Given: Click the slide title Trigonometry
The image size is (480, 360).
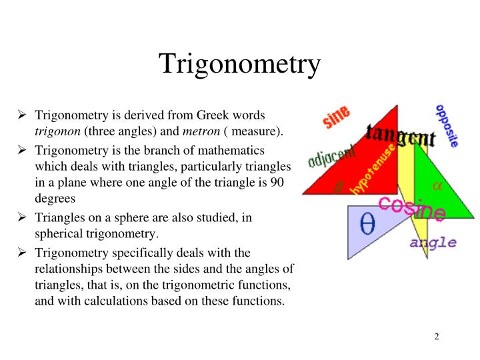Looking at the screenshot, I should [239, 65].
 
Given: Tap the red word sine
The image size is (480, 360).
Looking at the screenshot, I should [336, 118].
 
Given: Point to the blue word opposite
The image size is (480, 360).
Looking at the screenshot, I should [447, 125].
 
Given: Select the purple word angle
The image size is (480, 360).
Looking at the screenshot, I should [433, 242].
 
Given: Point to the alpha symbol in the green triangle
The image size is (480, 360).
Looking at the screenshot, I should [437, 186].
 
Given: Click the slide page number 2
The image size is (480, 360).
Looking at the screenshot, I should [437, 336].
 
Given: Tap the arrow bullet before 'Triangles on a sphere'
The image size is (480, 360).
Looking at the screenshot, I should [22, 217].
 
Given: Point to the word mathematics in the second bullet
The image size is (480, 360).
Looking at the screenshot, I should [229, 151].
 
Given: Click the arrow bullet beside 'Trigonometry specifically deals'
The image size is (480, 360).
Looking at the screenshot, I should [22, 253].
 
